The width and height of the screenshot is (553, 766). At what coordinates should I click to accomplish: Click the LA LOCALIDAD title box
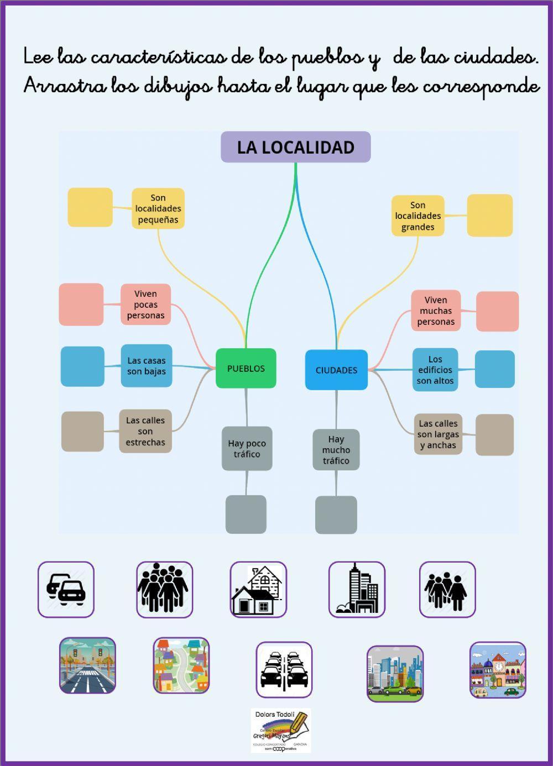coord(295,147)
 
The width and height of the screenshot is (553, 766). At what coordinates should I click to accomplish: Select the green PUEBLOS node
coord(246,368)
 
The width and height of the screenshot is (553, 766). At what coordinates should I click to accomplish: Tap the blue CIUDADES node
coord(336,370)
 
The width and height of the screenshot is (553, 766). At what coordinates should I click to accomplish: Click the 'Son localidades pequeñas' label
coord(158,208)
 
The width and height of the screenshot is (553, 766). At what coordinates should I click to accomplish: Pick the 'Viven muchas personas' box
coord(436,311)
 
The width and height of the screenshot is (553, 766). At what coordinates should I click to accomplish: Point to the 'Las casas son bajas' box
coord(147,366)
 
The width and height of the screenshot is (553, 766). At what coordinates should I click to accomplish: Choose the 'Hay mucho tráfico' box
coord(336,450)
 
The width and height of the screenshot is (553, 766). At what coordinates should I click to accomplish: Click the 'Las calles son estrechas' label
coord(145,431)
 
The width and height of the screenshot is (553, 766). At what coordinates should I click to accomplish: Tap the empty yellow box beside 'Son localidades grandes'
coord(489,216)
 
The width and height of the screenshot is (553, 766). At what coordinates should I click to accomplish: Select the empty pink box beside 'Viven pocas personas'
coord(81,305)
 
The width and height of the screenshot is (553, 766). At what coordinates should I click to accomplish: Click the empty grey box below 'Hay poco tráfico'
coord(246,515)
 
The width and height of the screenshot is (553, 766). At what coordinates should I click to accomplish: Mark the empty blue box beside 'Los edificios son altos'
coord(494,369)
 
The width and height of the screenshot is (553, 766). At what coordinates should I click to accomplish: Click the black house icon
coord(258,590)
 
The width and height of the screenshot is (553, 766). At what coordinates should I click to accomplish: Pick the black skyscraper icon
coord(357,590)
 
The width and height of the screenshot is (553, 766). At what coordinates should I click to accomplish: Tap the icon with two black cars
coord(66,590)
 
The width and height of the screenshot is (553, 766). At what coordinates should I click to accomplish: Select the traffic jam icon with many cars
coord(284,670)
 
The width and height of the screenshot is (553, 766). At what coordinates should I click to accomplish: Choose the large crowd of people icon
coord(164,590)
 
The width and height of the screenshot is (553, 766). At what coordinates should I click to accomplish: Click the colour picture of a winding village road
coord(181,665)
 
